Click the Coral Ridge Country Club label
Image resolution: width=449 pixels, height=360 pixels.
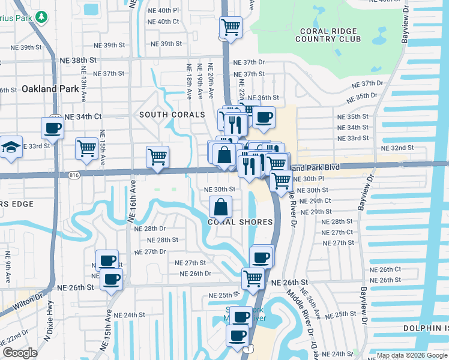pyautogui.click(x=328, y=35)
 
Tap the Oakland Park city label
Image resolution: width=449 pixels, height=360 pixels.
pyautogui.click(x=50, y=89)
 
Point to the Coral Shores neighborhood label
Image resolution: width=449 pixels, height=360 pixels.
pyautogui.click(x=240, y=222)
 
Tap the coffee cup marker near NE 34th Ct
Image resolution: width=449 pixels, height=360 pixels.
pyautogui.click(x=52, y=128)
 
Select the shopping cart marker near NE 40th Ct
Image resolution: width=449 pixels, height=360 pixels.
pyautogui.click(x=231, y=27)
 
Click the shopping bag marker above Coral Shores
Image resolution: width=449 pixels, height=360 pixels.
pyautogui.click(x=221, y=208)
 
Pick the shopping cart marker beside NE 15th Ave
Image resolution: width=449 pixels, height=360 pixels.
pyautogui.click(x=87, y=148)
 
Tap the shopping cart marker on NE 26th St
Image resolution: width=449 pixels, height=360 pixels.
pyautogui.click(x=253, y=278)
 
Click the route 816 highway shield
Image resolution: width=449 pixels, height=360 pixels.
pyautogui.click(x=74, y=175)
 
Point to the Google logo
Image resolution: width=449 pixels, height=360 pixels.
pyautogui.click(x=20, y=353)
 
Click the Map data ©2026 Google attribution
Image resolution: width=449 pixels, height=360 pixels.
pyautogui.click(x=412, y=355)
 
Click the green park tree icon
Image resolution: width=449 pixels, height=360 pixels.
pyautogui.click(x=41, y=16)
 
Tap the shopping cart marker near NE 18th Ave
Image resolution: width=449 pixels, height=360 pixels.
pyautogui.click(x=157, y=157)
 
